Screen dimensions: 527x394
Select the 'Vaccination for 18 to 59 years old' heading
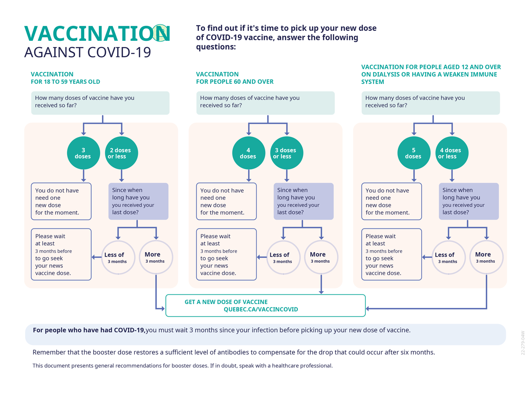[65, 77]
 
